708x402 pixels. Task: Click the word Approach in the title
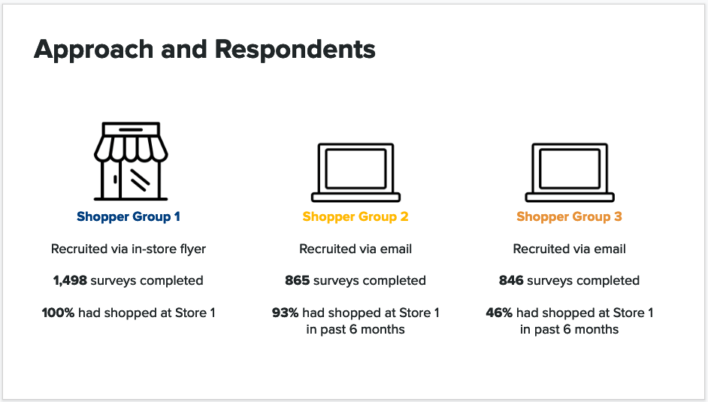point(93,50)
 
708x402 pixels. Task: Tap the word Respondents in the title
point(295,49)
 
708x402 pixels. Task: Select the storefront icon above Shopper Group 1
point(131,161)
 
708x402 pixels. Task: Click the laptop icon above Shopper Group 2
point(356,172)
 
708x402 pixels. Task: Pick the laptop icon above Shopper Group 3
point(570,172)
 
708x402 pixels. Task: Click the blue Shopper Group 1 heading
point(129,217)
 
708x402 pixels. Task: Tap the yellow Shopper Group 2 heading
point(356,217)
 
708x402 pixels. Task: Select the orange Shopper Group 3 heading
point(570,217)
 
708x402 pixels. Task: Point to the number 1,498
point(70,280)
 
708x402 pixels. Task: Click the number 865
point(297,280)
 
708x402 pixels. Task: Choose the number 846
point(511,280)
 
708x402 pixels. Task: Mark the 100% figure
point(58,313)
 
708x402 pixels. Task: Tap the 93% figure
point(285,313)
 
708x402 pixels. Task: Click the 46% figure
point(499,313)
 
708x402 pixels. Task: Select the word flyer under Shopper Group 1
point(193,249)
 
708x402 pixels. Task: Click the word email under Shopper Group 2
point(395,249)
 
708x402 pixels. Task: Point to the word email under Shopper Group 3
point(609,249)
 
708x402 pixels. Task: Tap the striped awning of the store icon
point(131,149)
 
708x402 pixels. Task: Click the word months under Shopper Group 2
point(383,329)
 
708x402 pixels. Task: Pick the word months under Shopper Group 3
point(597,329)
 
